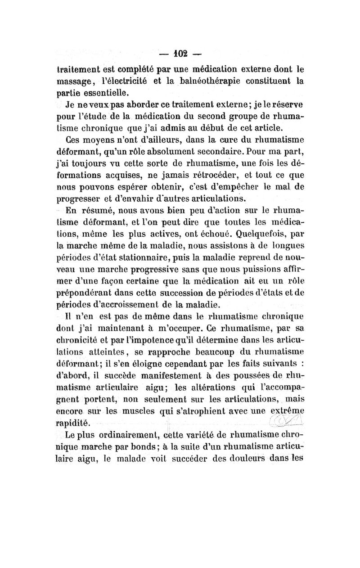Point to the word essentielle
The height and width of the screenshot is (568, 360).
pos(102,93)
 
